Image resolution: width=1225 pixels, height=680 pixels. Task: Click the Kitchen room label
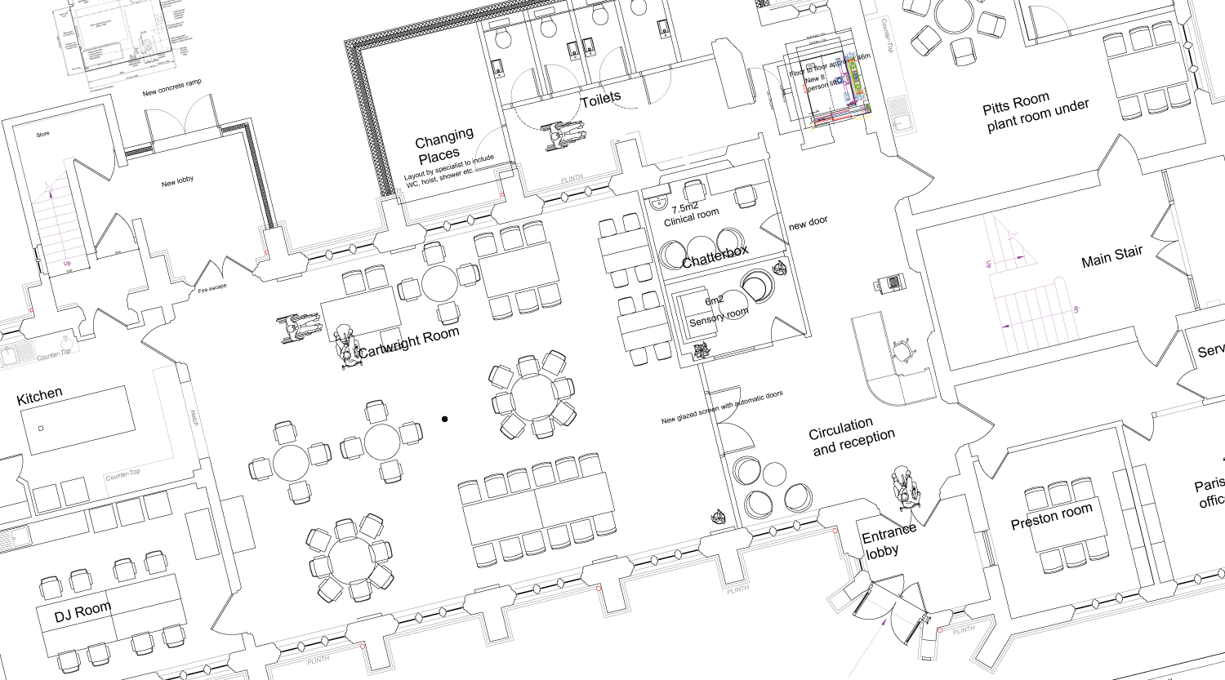[x=39, y=397]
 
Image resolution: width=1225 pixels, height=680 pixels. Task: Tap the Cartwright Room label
[x=408, y=341]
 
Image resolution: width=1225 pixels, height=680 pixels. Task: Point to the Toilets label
[x=601, y=100]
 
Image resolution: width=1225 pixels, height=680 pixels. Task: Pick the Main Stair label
[x=1111, y=256]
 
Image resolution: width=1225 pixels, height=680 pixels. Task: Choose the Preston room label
[x=1051, y=517]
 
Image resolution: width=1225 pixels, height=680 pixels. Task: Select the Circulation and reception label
[x=851, y=437]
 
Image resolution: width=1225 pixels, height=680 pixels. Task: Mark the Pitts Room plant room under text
[x=1036, y=112]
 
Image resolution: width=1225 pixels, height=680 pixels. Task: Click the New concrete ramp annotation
[x=171, y=87]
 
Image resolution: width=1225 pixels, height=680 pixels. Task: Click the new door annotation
[x=808, y=222]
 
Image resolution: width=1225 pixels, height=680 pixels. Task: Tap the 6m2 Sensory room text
[x=717, y=310]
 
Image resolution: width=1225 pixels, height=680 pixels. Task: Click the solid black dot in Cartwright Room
[x=445, y=420]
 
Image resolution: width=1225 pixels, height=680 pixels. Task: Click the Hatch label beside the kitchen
[x=194, y=418]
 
